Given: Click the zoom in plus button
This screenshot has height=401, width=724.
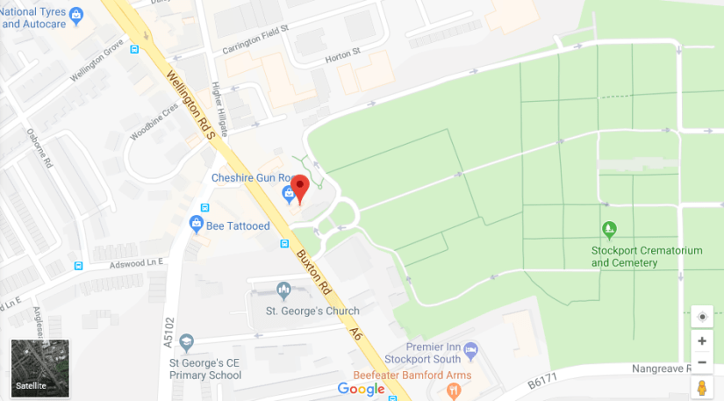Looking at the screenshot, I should point(701,341).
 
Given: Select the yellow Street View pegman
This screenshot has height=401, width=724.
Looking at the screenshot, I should point(701,386).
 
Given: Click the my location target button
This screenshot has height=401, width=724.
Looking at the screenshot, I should point(701,317).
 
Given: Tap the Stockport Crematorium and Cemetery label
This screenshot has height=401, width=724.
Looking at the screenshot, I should point(647,256).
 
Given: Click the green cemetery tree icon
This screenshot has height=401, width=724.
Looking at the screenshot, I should point(610,230).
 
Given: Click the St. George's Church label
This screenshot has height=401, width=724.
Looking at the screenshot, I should point(313,311).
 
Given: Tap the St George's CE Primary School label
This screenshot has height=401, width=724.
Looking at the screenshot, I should point(204,369).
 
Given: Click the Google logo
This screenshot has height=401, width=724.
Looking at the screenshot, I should point(361,389).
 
